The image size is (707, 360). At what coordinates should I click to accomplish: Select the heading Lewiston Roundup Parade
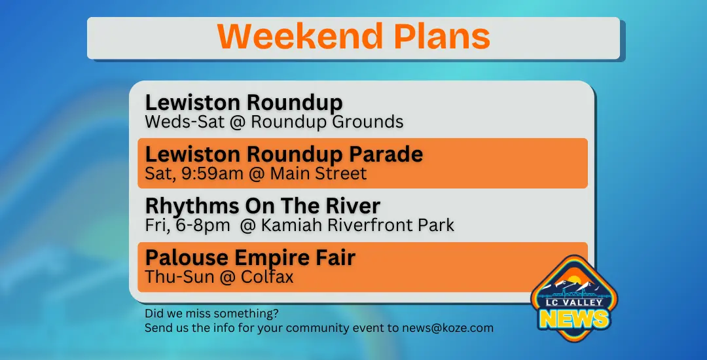pyautogui.click(x=283, y=154)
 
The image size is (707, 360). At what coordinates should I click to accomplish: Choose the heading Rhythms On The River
pyautogui.click(x=263, y=206)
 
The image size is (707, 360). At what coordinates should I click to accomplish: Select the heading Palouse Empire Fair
pyautogui.click(x=250, y=258)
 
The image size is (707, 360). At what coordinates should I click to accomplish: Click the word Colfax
pyautogui.click(x=266, y=277)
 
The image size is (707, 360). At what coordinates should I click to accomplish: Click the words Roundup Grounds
pyautogui.click(x=327, y=122)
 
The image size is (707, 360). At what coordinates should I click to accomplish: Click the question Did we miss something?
pyautogui.click(x=211, y=314)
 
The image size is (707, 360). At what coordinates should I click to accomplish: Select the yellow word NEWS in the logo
pyautogui.click(x=575, y=319)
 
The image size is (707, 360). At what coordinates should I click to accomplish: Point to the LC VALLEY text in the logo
pyautogui.click(x=575, y=302)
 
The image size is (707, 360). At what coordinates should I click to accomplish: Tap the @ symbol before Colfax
pyautogui.click(x=226, y=277)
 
